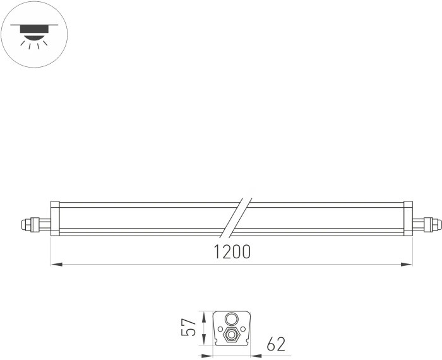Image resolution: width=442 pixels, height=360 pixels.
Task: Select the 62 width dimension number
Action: click(x=276, y=344)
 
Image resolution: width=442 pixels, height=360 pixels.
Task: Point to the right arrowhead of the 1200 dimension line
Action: click(x=408, y=264)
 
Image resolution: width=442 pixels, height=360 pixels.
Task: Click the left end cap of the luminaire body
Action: click(x=55, y=219)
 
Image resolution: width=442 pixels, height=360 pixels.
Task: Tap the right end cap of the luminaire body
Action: click(x=409, y=219)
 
